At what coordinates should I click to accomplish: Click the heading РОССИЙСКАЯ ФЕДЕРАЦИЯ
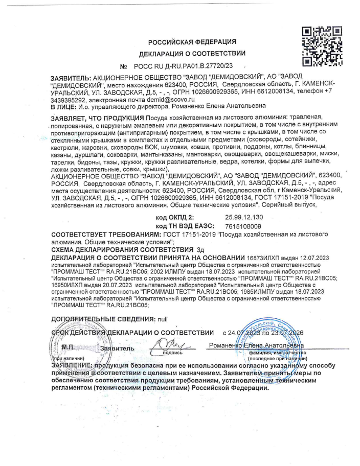click(x=192, y=42)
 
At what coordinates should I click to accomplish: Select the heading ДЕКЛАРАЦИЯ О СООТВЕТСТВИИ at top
click(x=192, y=54)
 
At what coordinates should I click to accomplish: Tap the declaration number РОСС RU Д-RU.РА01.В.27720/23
click(x=184, y=66)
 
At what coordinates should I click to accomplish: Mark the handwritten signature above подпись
click(x=168, y=345)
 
